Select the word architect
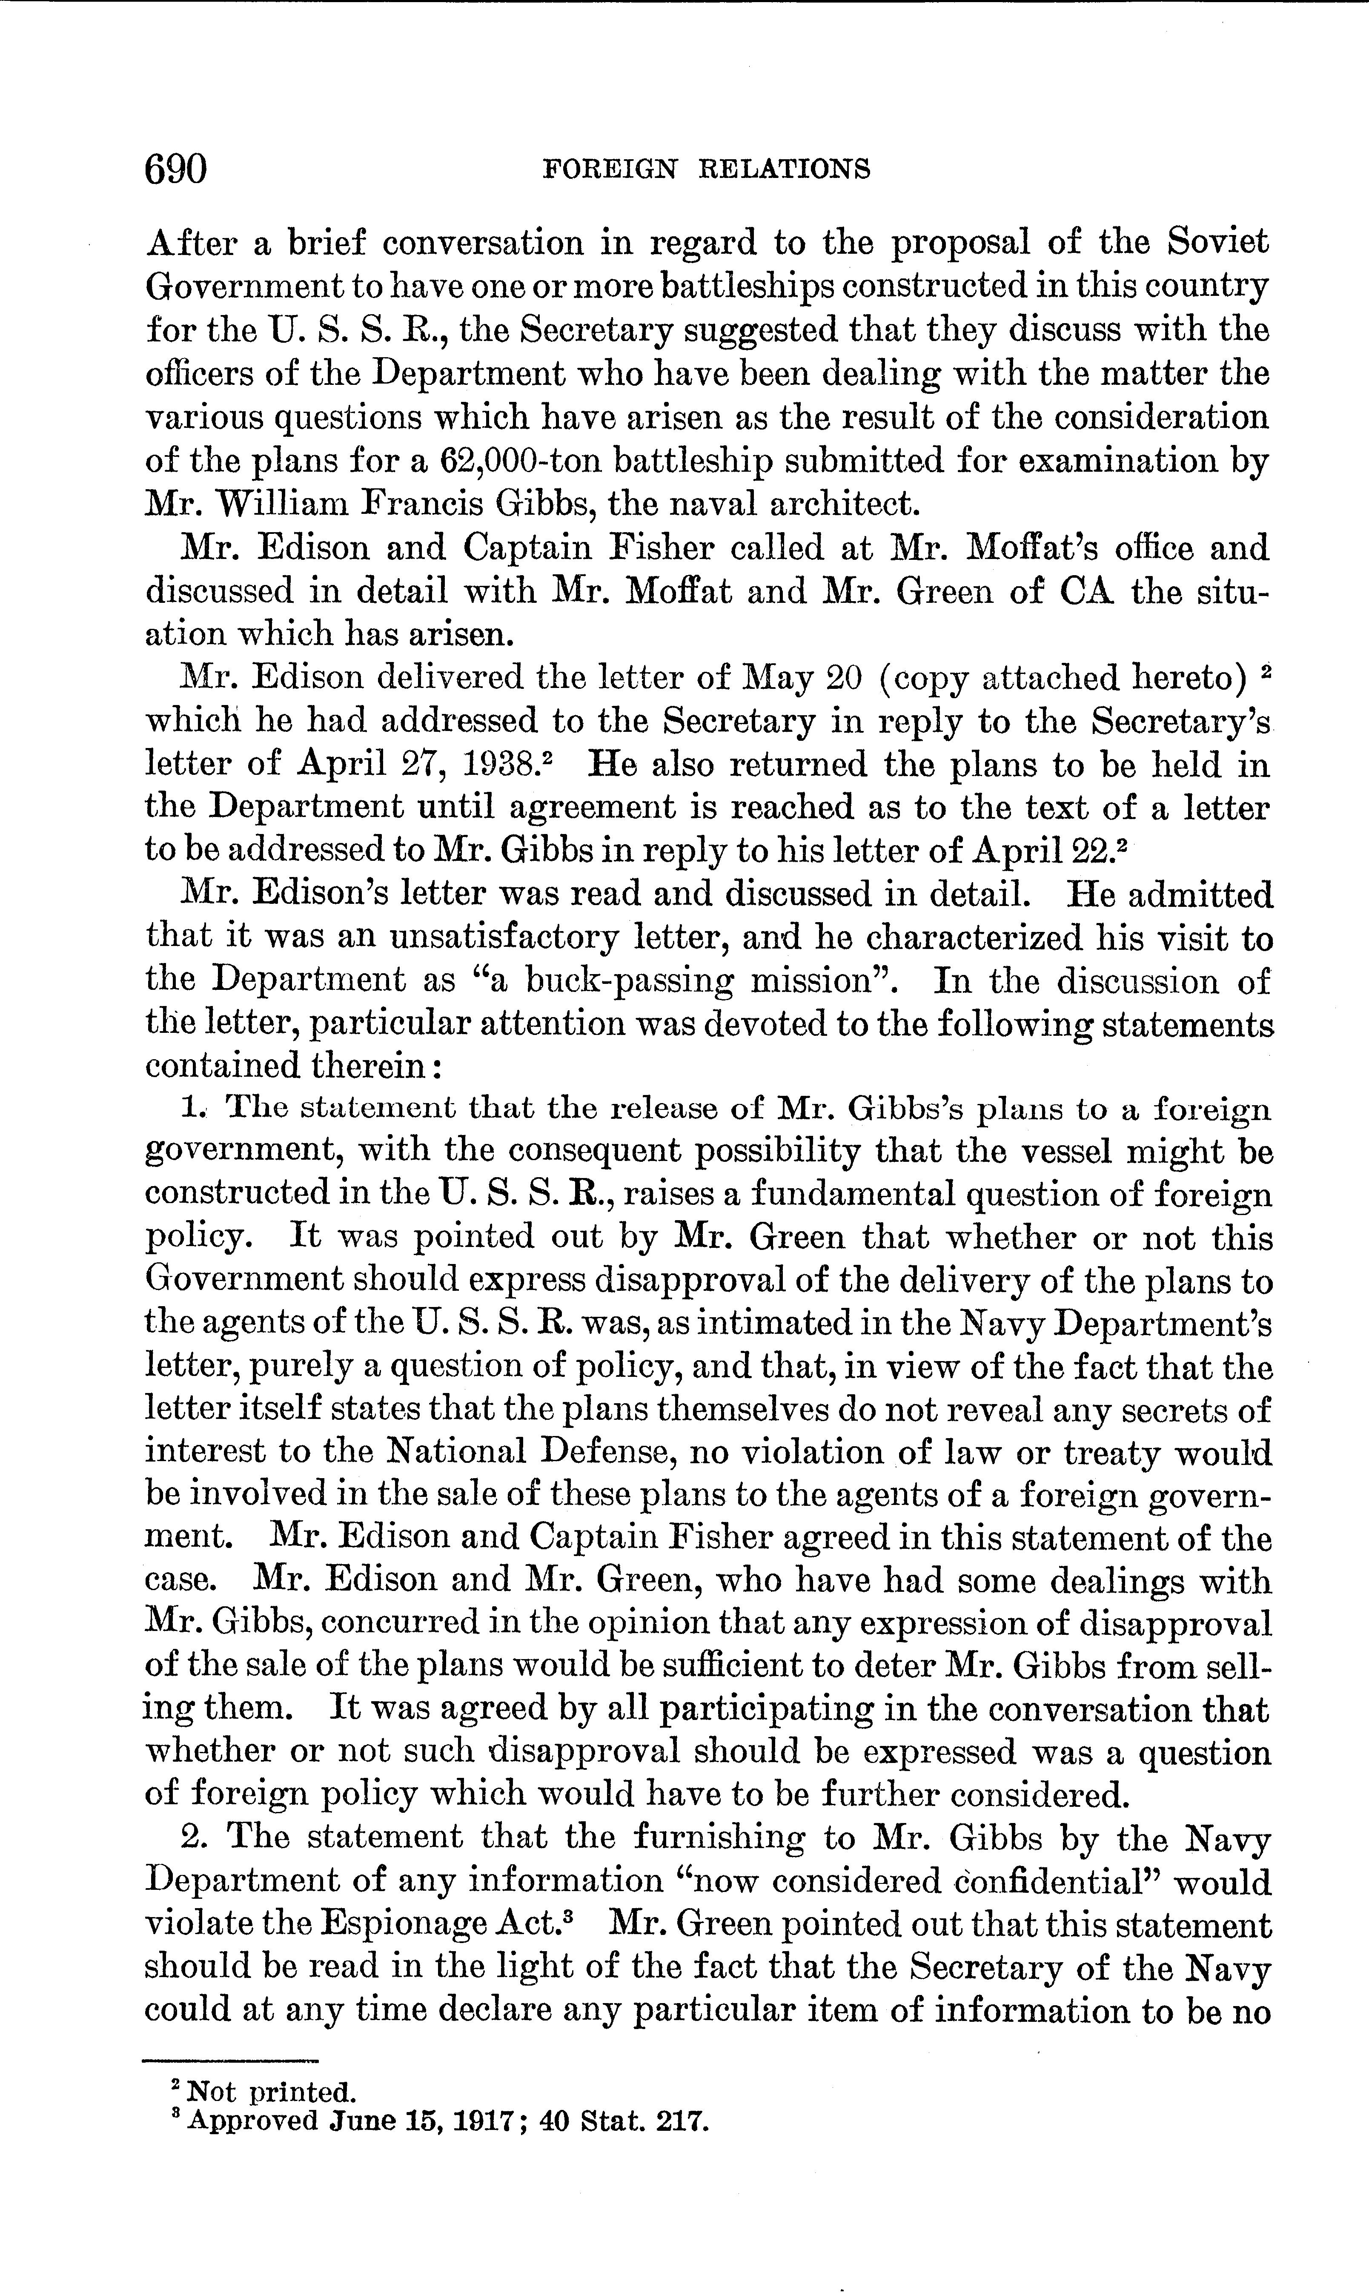tap(844, 504)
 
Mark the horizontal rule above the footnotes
tap(231, 2061)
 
